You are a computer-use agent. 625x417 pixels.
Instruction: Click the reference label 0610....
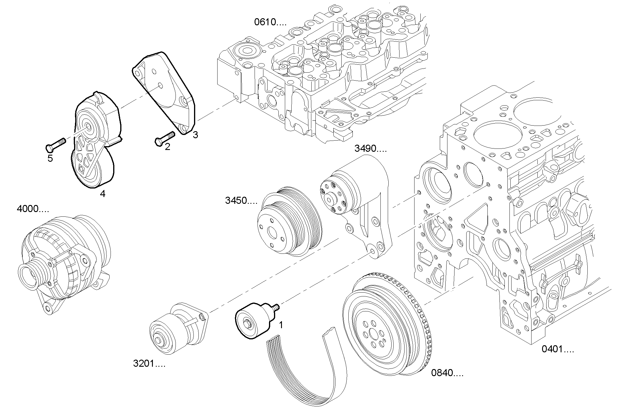(270, 22)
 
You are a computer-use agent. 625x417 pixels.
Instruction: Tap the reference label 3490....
(370, 149)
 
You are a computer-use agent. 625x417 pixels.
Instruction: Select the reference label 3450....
(241, 201)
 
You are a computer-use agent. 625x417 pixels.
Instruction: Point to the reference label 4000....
(33, 209)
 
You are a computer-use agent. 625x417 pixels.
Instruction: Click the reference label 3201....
(149, 364)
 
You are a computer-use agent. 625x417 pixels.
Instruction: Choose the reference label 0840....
(447, 373)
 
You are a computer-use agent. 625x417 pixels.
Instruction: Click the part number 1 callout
(281, 325)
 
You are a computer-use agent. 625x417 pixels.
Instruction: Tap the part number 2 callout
(167, 146)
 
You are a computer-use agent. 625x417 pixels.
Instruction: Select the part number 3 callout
(195, 135)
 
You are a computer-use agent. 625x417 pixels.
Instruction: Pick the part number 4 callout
(103, 194)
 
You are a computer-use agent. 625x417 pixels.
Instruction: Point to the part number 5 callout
(50, 159)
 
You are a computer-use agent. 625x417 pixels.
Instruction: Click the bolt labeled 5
(56, 144)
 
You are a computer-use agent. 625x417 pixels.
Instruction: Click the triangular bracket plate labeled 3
(165, 91)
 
